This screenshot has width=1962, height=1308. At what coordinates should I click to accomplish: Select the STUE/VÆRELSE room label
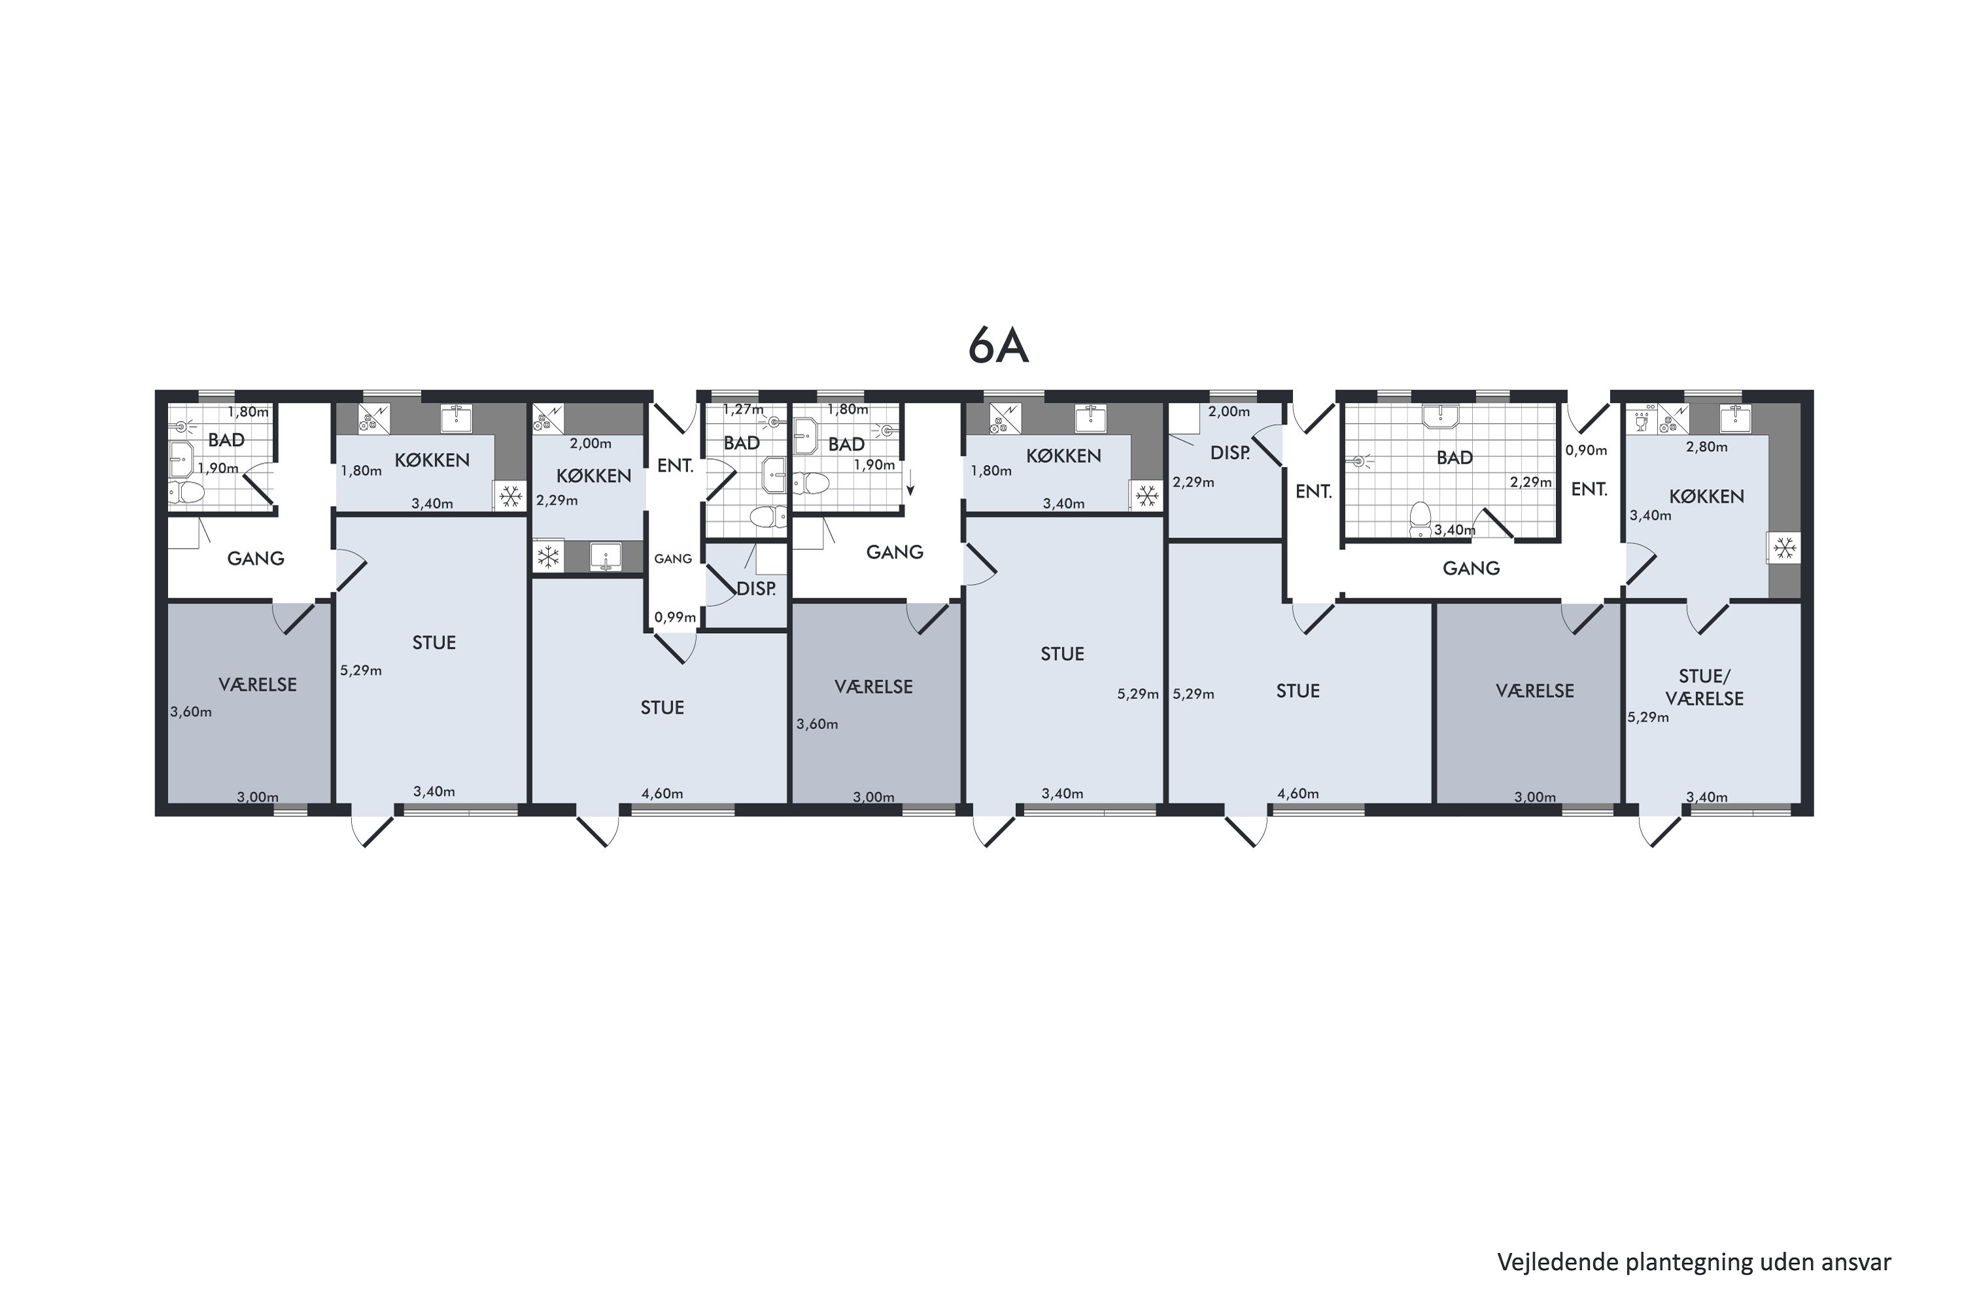pyautogui.click(x=1704, y=687)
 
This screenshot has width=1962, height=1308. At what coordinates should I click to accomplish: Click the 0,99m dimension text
pyautogui.click(x=675, y=617)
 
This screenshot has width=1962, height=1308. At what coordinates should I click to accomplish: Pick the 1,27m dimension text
pyautogui.click(x=743, y=409)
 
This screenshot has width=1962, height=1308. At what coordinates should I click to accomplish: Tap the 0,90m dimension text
pyautogui.click(x=1586, y=451)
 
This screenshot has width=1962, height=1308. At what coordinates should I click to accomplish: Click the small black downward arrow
pyautogui.click(x=911, y=483)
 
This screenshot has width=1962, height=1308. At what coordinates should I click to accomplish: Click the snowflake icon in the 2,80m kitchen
pyautogui.click(x=1784, y=548)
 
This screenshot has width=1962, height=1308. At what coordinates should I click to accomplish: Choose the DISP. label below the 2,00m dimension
pyautogui.click(x=1230, y=453)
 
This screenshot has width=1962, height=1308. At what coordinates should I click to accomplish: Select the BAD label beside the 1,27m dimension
pyautogui.click(x=742, y=443)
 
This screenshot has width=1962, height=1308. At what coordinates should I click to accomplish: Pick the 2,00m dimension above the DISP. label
pyautogui.click(x=1230, y=411)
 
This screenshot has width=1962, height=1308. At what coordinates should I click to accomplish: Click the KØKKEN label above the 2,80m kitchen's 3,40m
pyautogui.click(x=1707, y=496)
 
